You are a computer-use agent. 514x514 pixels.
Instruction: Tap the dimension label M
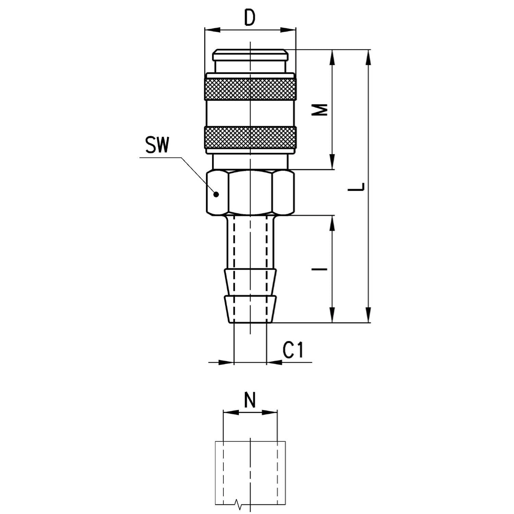[x=321, y=110]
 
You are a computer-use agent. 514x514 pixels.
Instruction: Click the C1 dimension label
[x=294, y=350]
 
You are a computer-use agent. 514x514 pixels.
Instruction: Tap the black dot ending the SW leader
[x=216, y=195]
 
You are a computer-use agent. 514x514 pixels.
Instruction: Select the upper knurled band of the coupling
[x=250, y=89]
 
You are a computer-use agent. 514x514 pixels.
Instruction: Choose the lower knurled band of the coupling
[x=250, y=137]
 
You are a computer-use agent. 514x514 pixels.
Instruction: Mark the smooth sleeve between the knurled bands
[x=250, y=113]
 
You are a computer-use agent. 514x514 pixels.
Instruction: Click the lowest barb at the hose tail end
[x=250, y=309]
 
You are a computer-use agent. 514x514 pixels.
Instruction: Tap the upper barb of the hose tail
[x=250, y=282]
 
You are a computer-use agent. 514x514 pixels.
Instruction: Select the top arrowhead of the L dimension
[x=368, y=57]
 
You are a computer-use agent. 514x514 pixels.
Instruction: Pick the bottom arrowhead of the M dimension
[x=332, y=162]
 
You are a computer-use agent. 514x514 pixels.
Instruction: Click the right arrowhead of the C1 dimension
[x=274, y=362]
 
